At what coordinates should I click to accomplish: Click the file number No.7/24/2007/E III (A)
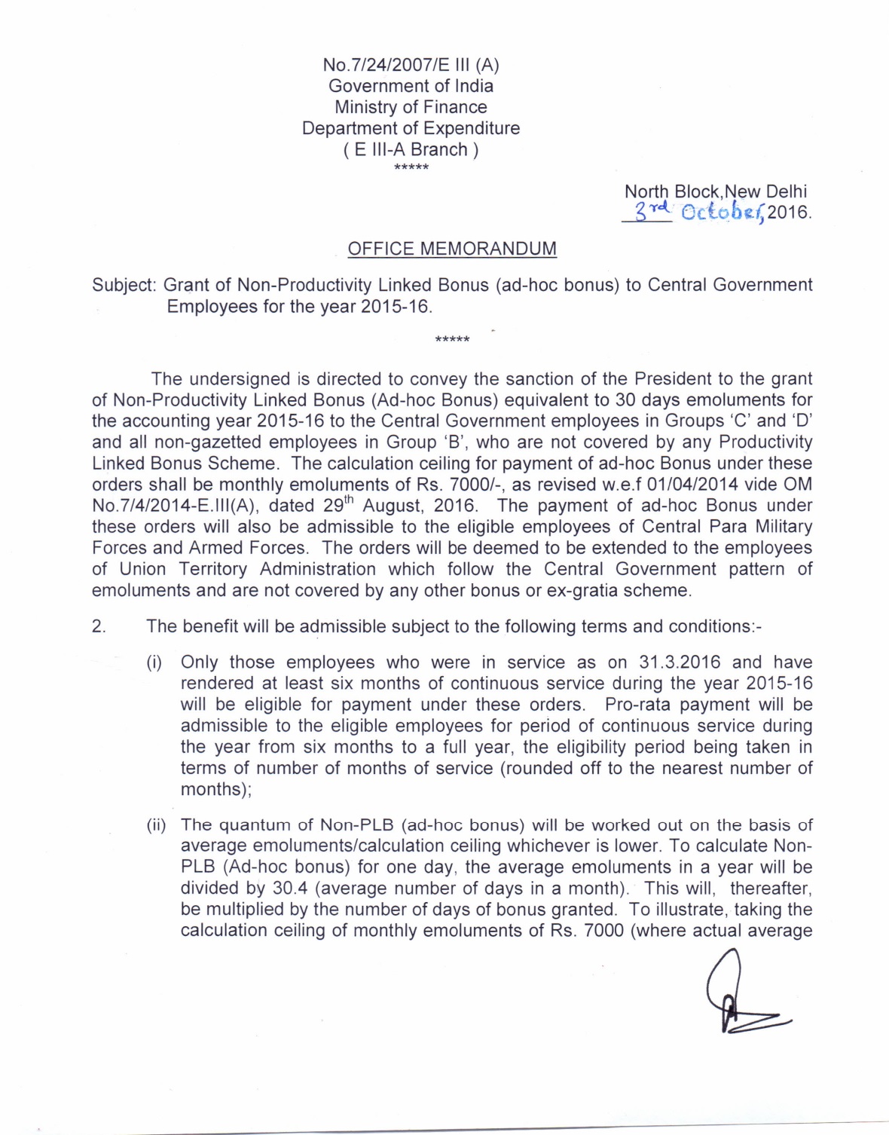click(411, 65)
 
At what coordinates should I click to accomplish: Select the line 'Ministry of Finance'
click(411, 107)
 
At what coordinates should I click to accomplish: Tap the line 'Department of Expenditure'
click(411, 128)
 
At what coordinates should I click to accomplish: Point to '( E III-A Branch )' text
click(411, 149)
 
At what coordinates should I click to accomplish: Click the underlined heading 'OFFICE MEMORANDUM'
click(452, 249)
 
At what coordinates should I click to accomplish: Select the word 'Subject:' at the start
click(124, 285)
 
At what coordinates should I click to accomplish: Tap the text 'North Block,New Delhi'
click(715, 191)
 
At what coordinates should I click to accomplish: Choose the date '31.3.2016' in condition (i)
click(680, 662)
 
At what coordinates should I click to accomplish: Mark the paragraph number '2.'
click(99, 626)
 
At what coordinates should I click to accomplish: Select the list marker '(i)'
click(154, 663)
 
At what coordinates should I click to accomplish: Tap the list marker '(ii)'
click(156, 825)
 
